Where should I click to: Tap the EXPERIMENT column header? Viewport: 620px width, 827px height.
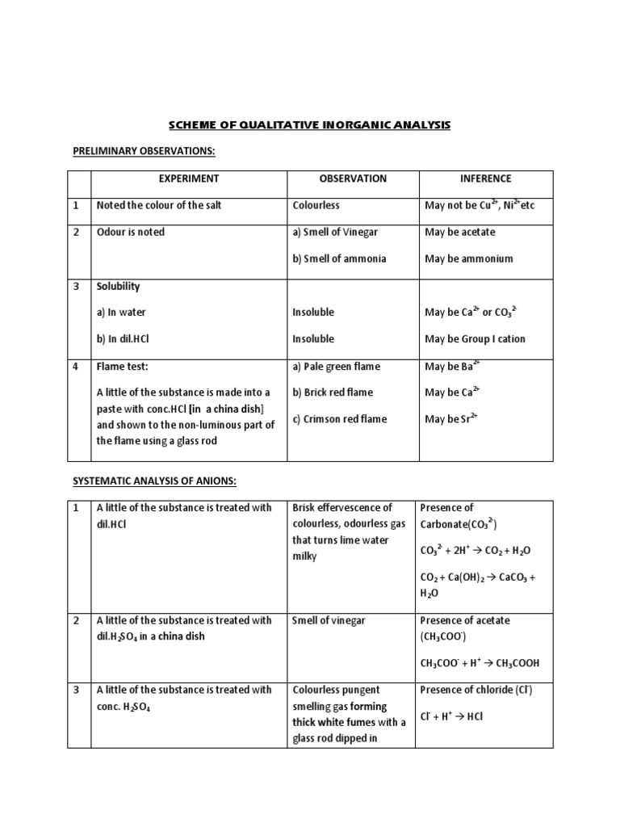point(188,178)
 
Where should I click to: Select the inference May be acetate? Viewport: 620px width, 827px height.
point(460,232)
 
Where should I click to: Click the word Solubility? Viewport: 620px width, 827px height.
point(119,286)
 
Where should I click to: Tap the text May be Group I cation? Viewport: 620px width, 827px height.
point(475,339)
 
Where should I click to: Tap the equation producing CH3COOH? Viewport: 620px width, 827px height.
point(480,663)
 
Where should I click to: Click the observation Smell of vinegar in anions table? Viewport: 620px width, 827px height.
point(329,620)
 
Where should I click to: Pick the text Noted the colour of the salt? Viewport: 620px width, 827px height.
point(159,205)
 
